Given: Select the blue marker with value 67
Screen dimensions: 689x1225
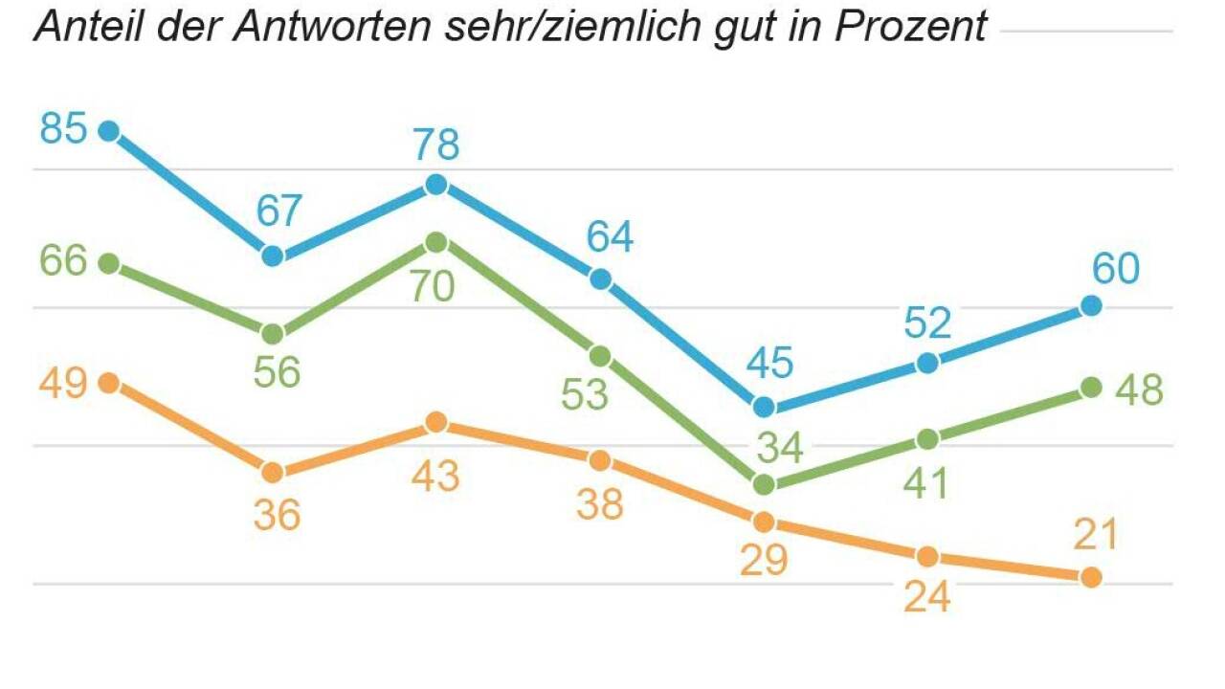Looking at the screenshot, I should tap(273, 256).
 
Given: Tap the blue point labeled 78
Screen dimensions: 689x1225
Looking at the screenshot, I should tap(436, 185).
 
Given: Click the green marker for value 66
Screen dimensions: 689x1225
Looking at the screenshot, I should tap(109, 263).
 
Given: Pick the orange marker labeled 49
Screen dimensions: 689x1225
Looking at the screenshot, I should tap(109, 383).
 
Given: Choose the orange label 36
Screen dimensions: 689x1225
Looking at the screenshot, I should tap(277, 516).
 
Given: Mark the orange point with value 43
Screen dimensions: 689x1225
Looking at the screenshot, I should tap(436, 422).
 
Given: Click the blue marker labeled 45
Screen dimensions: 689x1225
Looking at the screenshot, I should tap(764, 407).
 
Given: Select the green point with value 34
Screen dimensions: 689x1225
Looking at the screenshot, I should tap(764, 484).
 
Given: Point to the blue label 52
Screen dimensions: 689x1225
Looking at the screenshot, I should tap(927, 324).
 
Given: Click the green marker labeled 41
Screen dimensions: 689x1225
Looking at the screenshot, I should tap(927, 439).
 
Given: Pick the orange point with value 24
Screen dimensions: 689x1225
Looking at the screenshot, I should tap(927, 557).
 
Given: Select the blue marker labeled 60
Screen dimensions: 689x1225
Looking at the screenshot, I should tap(1091, 306).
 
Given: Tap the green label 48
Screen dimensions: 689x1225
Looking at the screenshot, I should tap(1139, 389).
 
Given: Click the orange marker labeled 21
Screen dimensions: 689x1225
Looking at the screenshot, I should tap(1091, 577).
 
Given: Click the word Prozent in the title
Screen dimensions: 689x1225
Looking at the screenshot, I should tap(910, 26).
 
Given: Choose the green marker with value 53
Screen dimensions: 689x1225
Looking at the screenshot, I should tap(600, 356).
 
